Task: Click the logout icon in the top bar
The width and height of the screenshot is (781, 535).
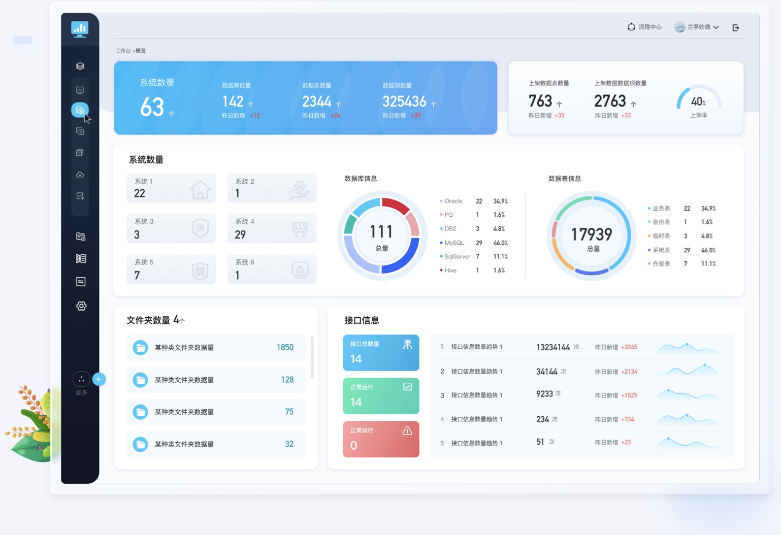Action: pos(736,28)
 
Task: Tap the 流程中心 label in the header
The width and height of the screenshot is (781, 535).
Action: pos(650,27)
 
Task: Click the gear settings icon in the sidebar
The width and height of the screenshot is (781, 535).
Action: pos(81,306)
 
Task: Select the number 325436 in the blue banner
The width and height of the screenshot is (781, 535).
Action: pos(404,102)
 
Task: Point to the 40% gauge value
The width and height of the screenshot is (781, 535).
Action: pos(698,102)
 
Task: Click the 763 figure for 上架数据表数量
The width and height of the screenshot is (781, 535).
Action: pos(540,101)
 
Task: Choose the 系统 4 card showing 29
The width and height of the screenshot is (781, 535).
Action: pos(272,228)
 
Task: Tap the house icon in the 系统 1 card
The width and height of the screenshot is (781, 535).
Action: pos(200,190)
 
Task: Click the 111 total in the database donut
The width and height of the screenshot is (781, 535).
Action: pos(381,232)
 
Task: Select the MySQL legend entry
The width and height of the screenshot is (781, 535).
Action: pos(454,243)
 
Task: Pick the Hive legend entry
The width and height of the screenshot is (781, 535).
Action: pos(450,271)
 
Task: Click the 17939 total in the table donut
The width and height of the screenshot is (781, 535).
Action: pos(592,235)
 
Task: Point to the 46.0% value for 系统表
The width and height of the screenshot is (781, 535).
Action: pos(708,250)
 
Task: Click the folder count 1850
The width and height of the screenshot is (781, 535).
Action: pos(285,348)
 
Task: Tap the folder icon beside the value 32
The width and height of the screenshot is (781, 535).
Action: pos(140,444)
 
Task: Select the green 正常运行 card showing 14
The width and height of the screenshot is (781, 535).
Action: pos(381,396)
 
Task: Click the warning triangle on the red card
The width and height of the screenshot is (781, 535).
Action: pos(407,431)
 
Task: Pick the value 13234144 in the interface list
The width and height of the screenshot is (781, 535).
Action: pos(553,347)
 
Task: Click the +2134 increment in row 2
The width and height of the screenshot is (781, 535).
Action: pos(629,372)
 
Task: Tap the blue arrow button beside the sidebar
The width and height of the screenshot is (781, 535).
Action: pos(99,379)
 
